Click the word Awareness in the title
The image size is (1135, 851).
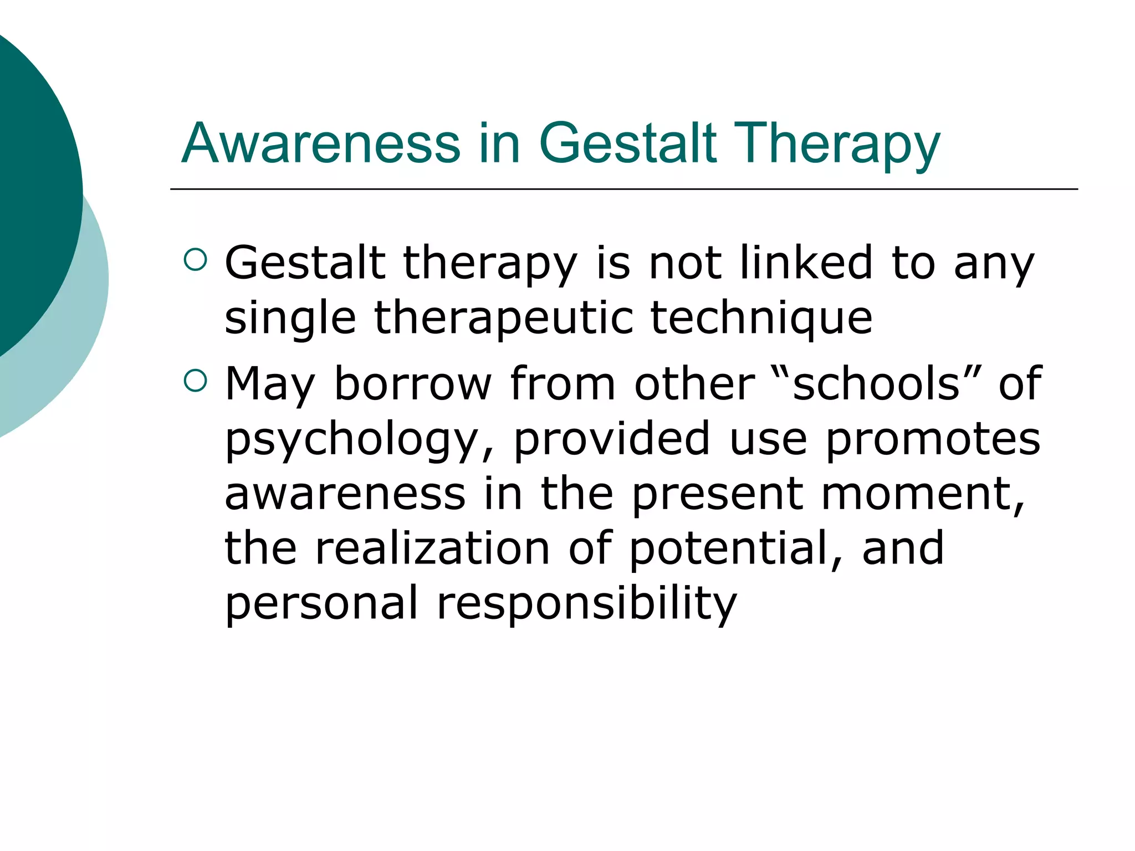321,143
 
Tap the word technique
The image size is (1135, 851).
761,318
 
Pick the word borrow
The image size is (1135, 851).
413,383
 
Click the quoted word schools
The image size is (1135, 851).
876,383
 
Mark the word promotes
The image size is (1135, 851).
933,439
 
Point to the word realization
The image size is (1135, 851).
433,548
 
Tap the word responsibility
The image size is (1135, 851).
587,603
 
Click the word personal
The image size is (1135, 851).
321,603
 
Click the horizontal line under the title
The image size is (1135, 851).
623,189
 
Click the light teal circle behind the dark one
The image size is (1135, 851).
83,332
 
